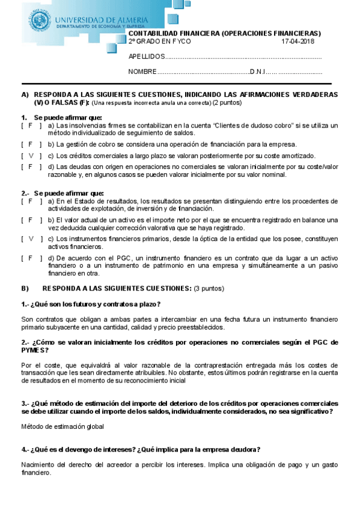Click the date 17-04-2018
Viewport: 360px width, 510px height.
click(x=297, y=41)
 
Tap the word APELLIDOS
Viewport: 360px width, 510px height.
click(x=146, y=57)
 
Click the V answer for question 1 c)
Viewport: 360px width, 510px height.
click(x=31, y=155)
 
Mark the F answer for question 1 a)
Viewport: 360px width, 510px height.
click(x=31, y=126)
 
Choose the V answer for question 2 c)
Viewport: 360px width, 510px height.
click(x=31, y=239)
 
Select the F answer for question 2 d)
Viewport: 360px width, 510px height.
click(x=31, y=258)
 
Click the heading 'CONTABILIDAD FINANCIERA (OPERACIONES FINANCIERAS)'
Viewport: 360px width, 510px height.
click(x=225, y=33)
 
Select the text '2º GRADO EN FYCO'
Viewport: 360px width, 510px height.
click(x=159, y=41)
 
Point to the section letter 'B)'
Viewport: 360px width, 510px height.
click(x=25, y=289)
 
